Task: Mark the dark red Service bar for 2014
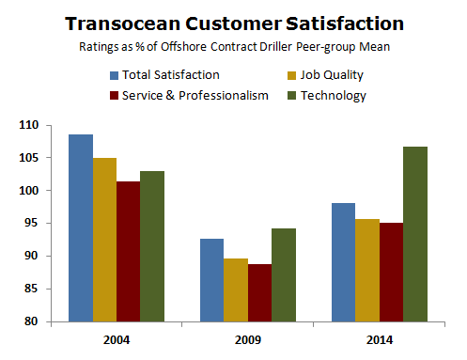click(391, 273)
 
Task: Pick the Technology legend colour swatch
click(293, 95)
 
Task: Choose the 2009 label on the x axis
click(247, 339)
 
